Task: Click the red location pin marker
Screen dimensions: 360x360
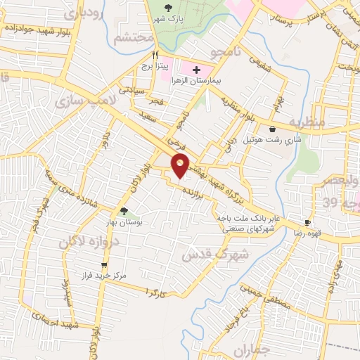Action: click(x=181, y=166)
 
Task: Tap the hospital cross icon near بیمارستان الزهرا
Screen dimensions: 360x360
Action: click(x=196, y=70)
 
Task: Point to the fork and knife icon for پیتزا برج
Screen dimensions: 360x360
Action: click(x=155, y=53)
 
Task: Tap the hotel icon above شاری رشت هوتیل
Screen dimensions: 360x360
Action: click(x=272, y=129)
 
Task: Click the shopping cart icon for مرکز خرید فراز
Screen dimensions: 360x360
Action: click(x=105, y=265)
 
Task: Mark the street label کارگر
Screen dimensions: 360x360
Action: click(x=155, y=290)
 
